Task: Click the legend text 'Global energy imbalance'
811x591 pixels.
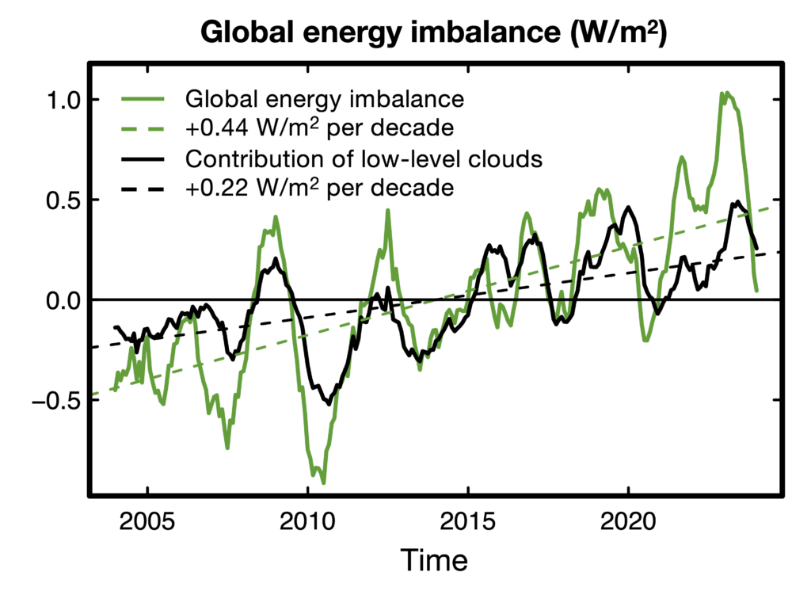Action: [324, 99]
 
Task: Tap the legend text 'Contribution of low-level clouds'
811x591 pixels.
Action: [363, 158]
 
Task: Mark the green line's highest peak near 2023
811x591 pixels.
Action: [722, 93]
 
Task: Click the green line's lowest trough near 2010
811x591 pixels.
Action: [323, 482]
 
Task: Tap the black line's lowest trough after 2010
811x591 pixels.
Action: [328, 403]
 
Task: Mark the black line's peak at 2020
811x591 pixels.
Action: [629, 208]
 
